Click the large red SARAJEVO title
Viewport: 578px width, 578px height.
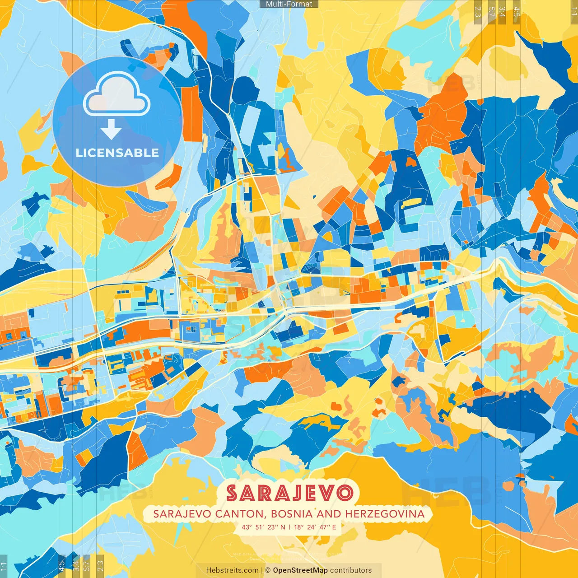289,493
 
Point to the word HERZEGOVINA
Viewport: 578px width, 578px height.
385,514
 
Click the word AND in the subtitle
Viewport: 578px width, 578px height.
329,514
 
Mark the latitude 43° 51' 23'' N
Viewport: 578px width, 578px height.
263,527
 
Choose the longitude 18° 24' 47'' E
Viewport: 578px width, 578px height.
315,527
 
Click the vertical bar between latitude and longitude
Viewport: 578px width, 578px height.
289,527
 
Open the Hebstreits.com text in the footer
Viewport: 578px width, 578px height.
233,570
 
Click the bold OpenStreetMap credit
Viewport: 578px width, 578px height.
300,570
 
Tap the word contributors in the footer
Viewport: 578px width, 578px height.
351,570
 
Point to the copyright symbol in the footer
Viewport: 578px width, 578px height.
268,570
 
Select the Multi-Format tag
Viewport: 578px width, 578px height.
289,4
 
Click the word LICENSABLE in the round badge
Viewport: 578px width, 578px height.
117,153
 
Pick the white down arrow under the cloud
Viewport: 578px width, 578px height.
111,131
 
